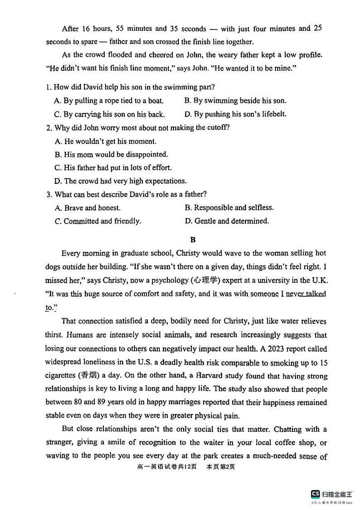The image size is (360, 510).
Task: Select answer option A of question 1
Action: (109, 101)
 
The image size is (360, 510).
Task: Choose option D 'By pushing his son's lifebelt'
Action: (235, 114)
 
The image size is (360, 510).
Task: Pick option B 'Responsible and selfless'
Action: (229, 208)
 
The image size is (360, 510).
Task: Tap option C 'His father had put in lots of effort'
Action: (112, 168)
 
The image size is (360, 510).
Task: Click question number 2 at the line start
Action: (49, 128)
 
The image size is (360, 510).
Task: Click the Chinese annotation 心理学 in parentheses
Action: (205, 280)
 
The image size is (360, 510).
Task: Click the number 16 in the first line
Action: (86, 29)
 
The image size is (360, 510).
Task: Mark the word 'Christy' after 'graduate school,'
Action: (188, 253)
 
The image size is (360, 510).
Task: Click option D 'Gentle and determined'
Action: (227, 221)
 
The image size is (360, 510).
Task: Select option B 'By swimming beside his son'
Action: (235, 101)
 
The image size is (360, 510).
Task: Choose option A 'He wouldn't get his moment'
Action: (105, 141)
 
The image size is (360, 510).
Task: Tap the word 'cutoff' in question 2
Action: (216, 128)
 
